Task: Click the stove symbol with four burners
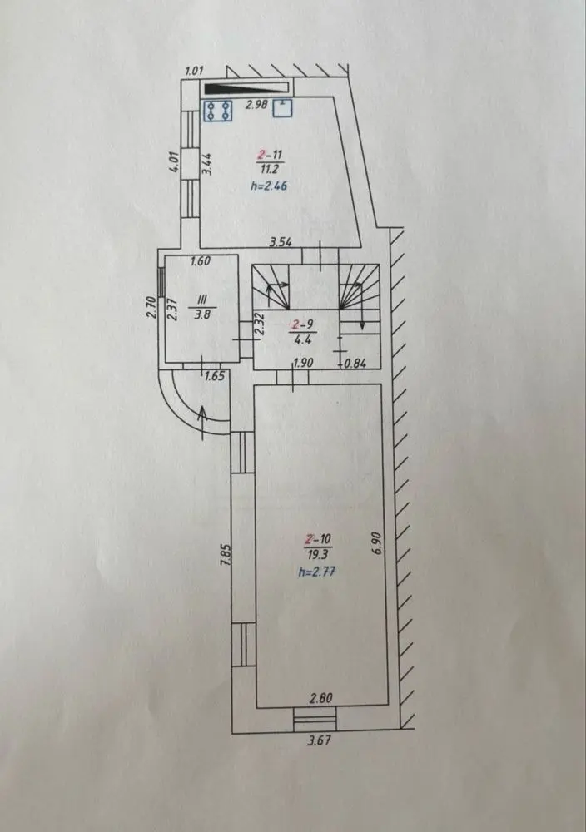coord(219,111)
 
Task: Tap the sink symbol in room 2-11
coord(283,107)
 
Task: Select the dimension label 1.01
coord(195,71)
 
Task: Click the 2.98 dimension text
coord(256,105)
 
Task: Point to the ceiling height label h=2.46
coord(269,186)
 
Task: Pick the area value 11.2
coord(270,169)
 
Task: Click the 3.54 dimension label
coord(281,243)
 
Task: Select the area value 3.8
coord(202,314)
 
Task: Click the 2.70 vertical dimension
coord(150,307)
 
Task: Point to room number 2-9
coord(302,324)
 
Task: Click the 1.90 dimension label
coord(304,364)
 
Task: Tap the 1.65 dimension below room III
coord(215,377)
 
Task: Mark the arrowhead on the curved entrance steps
coord(204,413)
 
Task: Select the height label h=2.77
coord(317,572)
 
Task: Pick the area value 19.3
coord(318,555)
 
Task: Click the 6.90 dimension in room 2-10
coord(377,542)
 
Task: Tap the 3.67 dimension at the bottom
coord(320,740)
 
